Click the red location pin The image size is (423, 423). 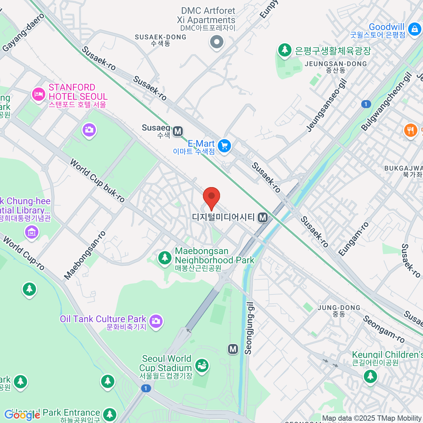211,197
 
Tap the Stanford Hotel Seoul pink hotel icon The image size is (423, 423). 38,94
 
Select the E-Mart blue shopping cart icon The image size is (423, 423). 224,146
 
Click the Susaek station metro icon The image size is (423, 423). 178,131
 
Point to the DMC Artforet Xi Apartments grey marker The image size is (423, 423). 217,42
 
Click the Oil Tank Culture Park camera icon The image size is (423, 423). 155,321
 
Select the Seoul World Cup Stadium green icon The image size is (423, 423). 202,365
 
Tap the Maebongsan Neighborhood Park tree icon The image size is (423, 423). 165,258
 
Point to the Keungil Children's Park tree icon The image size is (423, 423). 370,376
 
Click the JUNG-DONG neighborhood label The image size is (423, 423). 339,308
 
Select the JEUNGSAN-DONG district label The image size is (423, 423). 336,64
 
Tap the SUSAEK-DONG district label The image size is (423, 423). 160,37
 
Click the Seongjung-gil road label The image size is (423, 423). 249,328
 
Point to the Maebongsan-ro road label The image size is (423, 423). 85,256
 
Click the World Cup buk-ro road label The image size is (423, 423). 97,181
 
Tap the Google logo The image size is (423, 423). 22,415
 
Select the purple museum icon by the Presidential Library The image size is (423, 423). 32,232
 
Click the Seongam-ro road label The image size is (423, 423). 384,329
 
